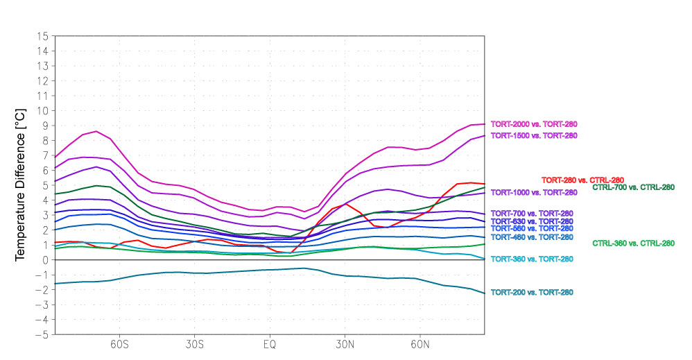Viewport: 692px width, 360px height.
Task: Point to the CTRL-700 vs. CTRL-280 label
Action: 633,187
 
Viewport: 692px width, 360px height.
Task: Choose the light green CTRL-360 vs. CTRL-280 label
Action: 633,243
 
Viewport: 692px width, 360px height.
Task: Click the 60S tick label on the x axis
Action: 119,344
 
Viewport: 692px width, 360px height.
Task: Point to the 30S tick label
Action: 194,344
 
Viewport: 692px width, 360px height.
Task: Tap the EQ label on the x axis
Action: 269,344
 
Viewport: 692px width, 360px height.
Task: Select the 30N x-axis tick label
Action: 345,344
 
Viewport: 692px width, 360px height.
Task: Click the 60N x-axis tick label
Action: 420,344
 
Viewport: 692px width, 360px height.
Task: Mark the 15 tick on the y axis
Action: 43,36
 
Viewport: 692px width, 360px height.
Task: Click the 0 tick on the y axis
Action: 45,260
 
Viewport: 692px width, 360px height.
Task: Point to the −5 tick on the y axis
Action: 42,334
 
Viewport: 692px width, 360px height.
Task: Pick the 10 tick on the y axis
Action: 43,111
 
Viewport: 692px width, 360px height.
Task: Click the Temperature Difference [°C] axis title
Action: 21,185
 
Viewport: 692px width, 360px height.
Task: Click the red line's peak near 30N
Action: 345,204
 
